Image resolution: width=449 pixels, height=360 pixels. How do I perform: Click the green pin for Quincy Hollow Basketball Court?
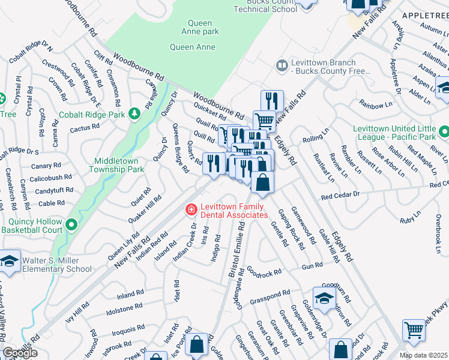[x=71, y=225]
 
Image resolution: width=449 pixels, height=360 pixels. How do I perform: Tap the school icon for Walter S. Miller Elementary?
[x=10, y=262]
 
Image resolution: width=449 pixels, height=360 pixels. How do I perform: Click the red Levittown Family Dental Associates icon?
[x=191, y=209]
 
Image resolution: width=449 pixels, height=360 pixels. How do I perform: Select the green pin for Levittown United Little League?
[x=444, y=131]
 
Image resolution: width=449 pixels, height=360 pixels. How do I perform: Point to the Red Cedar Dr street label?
[x=340, y=196]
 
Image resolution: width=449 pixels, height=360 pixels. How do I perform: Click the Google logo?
[x=20, y=353]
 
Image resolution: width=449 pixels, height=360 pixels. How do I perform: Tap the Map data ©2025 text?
[x=423, y=355]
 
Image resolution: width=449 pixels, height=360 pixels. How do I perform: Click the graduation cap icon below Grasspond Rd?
[x=324, y=298]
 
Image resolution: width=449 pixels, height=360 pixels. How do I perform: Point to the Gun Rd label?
[x=313, y=266]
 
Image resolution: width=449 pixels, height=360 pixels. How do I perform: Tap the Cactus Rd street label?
[x=85, y=128]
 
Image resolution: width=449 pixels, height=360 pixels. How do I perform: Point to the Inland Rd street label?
[x=130, y=294]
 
